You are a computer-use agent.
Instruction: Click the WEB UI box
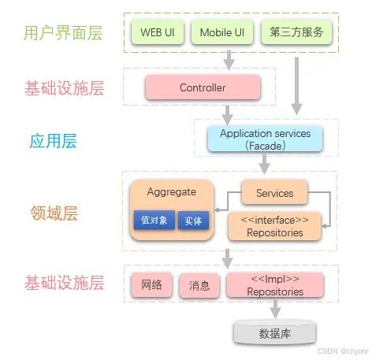[157, 33]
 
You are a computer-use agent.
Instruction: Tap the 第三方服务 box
[296, 33]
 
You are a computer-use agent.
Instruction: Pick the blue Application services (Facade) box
[265, 139]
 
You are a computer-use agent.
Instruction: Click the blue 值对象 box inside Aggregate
[154, 221]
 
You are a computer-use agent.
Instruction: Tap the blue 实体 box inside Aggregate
[193, 221]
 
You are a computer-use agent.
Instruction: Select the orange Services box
[274, 193]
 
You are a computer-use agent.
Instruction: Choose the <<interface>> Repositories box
[274, 227]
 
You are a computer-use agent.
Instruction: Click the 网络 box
[151, 285]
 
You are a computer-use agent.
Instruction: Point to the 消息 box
[199, 286]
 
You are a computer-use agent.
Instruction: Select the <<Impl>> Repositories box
[274, 285]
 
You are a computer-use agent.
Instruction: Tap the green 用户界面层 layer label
[64, 34]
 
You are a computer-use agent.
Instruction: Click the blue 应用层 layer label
[53, 141]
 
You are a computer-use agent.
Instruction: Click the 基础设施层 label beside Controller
[64, 88]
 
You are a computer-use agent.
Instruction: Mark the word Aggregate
[171, 191]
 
